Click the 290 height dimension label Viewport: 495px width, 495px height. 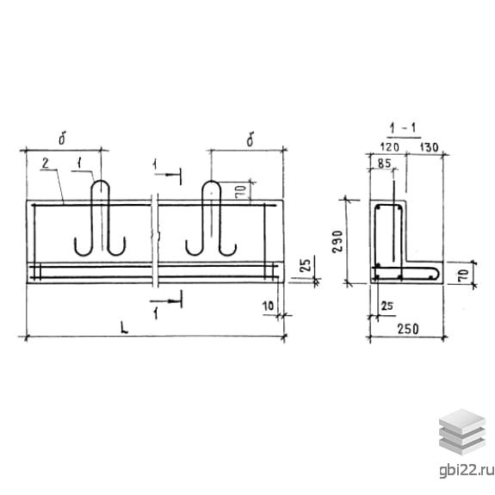coord(337,241)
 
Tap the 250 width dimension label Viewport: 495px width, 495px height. coord(408,329)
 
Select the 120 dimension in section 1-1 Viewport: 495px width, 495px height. coord(390,147)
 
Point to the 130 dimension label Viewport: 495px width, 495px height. coord(430,147)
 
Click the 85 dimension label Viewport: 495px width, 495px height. coord(384,164)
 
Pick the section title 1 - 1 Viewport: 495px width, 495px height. coord(404,128)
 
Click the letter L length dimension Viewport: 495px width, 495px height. coord(125,327)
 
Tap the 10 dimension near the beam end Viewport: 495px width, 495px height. coord(268,306)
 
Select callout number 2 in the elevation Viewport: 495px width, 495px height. coord(46,164)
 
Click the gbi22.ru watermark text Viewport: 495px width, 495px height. coord(467,471)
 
